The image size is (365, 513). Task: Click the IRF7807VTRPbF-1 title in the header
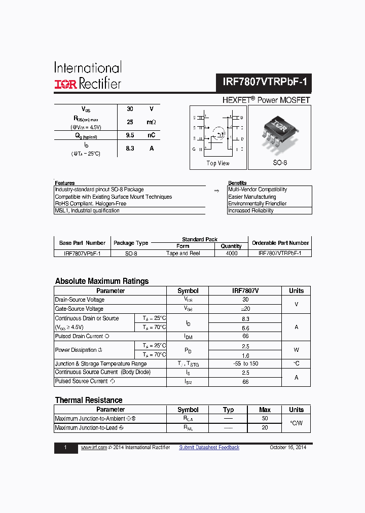(x=265, y=82)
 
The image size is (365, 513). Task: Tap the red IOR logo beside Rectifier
(x=65, y=84)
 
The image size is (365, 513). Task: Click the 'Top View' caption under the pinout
(x=218, y=163)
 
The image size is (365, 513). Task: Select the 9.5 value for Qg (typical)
(x=130, y=135)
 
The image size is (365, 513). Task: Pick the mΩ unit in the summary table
(x=151, y=122)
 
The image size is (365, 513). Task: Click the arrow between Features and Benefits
(x=216, y=191)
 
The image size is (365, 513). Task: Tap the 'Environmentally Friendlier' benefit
(x=257, y=204)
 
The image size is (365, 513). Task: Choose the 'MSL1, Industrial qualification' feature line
(x=87, y=210)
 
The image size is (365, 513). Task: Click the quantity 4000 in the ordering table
(x=231, y=253)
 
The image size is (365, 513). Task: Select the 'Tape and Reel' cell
(x=183, y=253)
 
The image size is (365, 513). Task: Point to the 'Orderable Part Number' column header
(x=280, y=243)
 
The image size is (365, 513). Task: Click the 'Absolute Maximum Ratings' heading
(x=102, y=281)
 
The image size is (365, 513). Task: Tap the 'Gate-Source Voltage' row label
(x=79, y=309)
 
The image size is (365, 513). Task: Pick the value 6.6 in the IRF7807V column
(x=245, y=328)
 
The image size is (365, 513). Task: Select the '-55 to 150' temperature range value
(x=245, y=363)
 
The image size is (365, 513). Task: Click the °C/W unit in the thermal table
(x=296, y=423)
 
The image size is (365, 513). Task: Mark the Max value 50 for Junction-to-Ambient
(x=265, y=418)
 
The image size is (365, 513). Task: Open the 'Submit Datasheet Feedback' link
(x=209, y=447)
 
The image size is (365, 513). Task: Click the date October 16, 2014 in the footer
(x=288, y=447)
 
